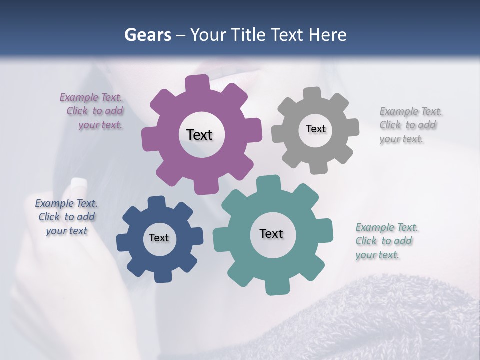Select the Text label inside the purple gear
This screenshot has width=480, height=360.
(199, 135)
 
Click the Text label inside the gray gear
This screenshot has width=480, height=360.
(315, 129)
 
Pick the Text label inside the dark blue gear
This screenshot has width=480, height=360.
(159, 238)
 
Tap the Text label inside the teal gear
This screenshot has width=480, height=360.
(271, 233)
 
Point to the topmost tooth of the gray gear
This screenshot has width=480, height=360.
(312, 94)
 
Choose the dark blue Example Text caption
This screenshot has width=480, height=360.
(66, 217)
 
